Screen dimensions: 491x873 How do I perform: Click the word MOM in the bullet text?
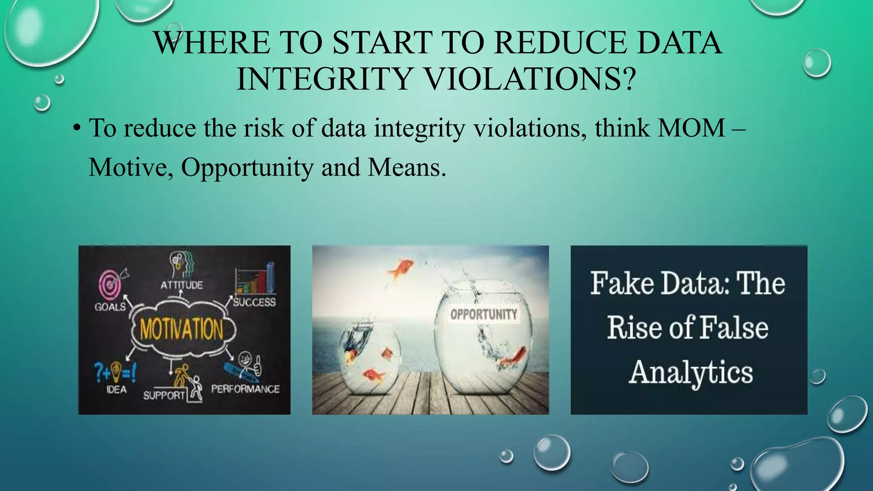(x=691, y=128)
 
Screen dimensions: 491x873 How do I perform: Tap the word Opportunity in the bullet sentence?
(x=247, y=168)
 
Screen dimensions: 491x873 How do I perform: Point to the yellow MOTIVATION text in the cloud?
(x=182, y=329)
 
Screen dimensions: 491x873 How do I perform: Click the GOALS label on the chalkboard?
(x=110, y=307)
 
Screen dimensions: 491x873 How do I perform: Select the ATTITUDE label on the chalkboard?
(x=182, y=285)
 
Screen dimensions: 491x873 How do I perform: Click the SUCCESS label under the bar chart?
(x=254, y=302)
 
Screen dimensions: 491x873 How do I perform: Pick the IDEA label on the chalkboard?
(x=116, y=390)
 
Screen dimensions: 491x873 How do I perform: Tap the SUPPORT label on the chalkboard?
(x=164, y=396)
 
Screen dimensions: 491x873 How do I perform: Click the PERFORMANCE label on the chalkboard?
(x=246, y=389)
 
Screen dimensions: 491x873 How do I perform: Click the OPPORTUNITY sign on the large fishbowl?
(x=484, y=315)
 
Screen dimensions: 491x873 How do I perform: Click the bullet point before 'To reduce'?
(x=76, y=129)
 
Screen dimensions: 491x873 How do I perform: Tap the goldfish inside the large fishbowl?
(x=513, y=357)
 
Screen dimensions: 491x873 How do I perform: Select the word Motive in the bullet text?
(x=130, y=168)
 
